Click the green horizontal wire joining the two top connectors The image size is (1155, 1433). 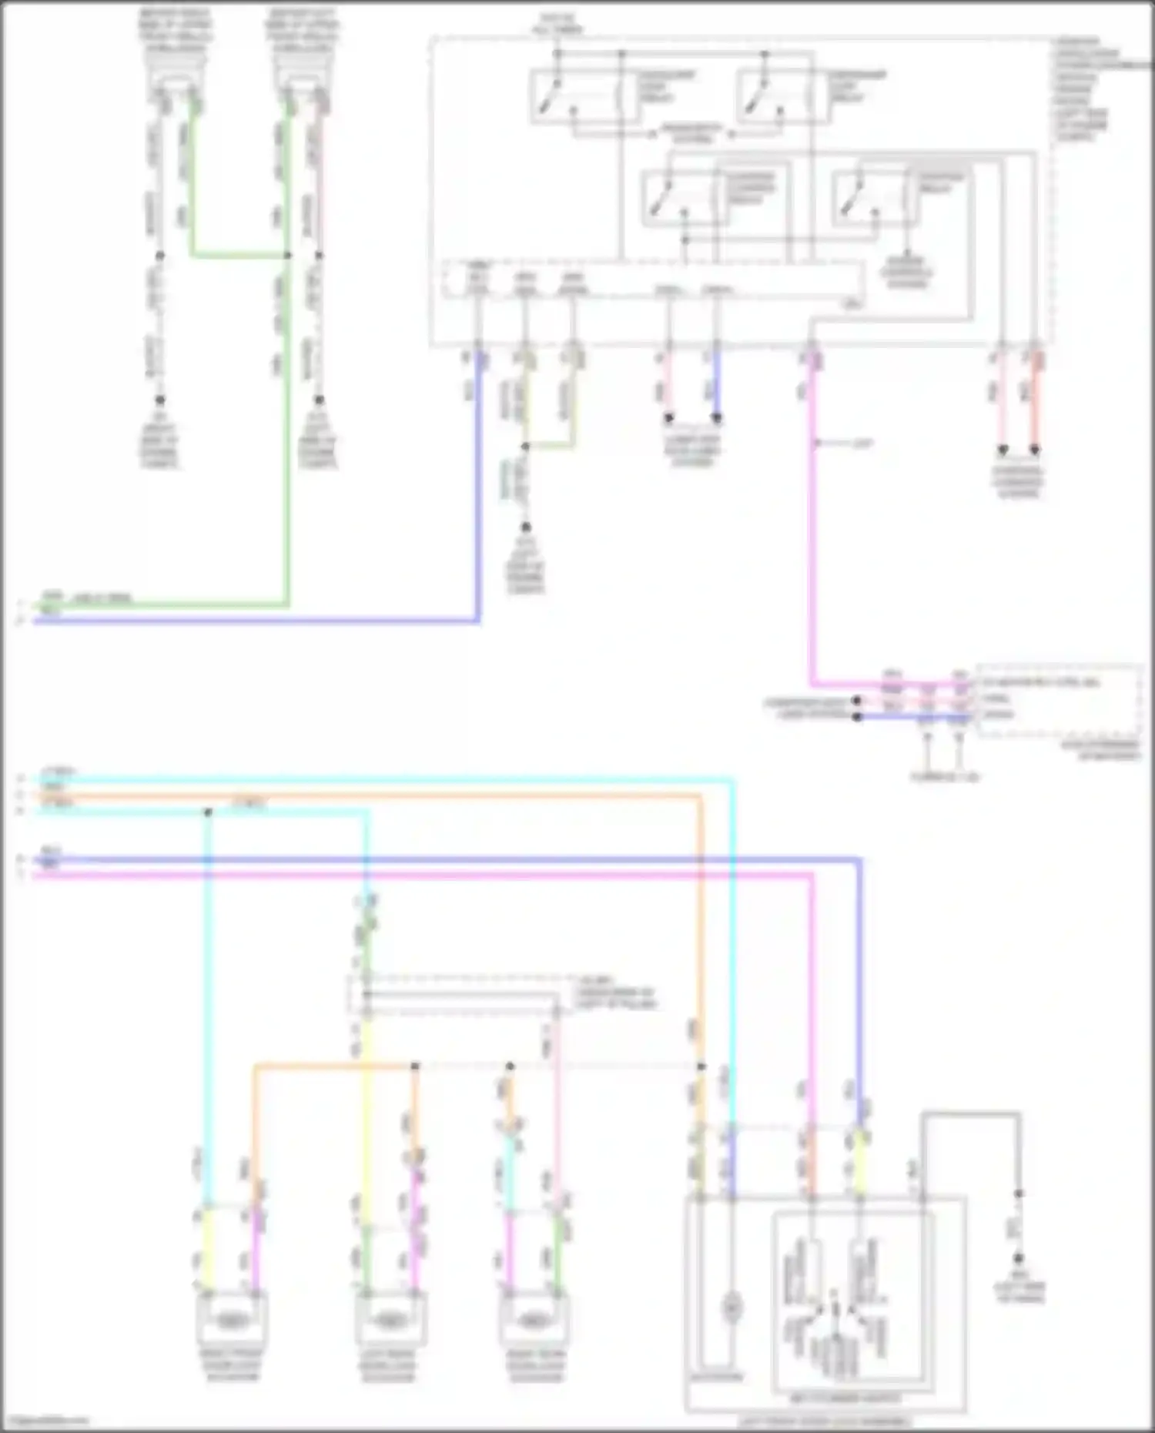click(239, 255)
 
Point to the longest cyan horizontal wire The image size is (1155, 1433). click(385, 781)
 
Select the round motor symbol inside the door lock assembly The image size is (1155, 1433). click(732, 1307)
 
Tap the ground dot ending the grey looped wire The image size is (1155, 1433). click(1018, 1258)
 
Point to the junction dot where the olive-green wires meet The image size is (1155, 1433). click(525, 447)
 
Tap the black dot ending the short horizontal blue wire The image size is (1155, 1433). click(856, 717)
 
